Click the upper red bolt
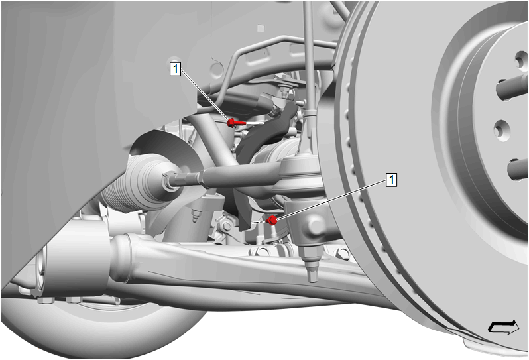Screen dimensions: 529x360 [236, 123]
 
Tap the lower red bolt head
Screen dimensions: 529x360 [272, 221]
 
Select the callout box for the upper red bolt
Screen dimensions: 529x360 [176, 69]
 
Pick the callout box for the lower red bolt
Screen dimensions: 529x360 [391, 180]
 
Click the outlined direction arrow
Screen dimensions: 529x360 [504, 327]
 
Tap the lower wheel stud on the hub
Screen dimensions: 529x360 [518, 169]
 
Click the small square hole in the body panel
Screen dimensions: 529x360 [260, 29]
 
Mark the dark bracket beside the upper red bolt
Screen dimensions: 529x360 [266, 132]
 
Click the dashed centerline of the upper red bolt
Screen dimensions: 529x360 [255, 123]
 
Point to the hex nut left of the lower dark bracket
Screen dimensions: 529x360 [225, 225]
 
